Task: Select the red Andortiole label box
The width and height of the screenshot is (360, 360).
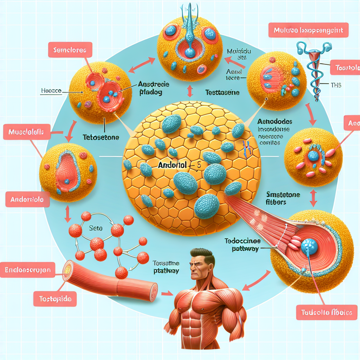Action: tap(27, 199)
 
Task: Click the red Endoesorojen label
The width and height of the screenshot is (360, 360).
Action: tap(28, 270)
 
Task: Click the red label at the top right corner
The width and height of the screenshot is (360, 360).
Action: tap(308, 31)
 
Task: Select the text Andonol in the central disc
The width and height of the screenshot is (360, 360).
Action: tap(171, 164)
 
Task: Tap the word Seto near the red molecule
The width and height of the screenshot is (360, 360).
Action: tap(95, 228)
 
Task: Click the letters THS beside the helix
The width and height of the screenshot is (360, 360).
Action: tap(336, 85)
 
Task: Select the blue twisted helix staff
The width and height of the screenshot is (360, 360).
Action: tap(314, 70)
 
